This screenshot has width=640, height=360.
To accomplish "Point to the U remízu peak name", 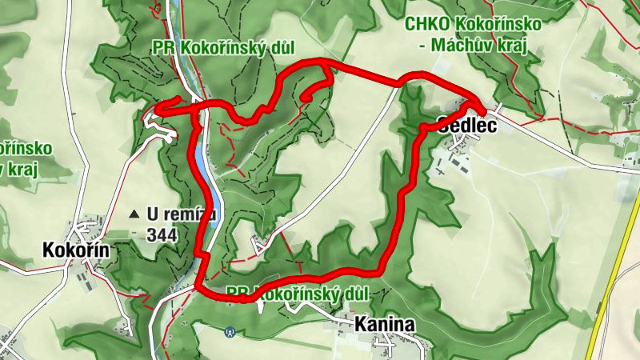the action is [182, 214].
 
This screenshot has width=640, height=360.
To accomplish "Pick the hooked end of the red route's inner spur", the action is [306, 99].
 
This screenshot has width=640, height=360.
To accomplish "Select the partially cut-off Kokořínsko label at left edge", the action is [26, 149].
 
